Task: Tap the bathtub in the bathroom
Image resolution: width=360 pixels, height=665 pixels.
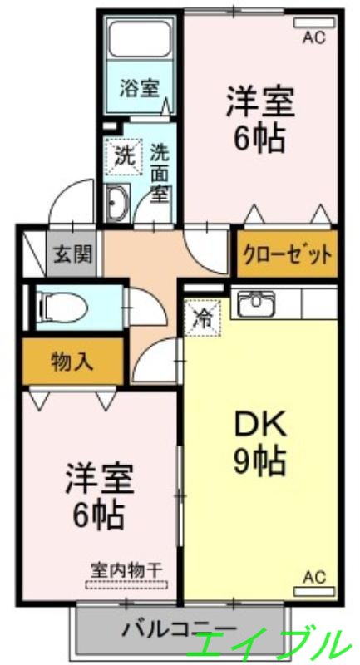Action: click(x=139, y=42)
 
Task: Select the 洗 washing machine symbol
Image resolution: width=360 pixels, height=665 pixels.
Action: click(x=123, y=154)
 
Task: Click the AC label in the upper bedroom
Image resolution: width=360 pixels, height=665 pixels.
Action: click(x=313, y=37)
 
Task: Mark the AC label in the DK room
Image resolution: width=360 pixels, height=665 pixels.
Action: click(x=313, y=577)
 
